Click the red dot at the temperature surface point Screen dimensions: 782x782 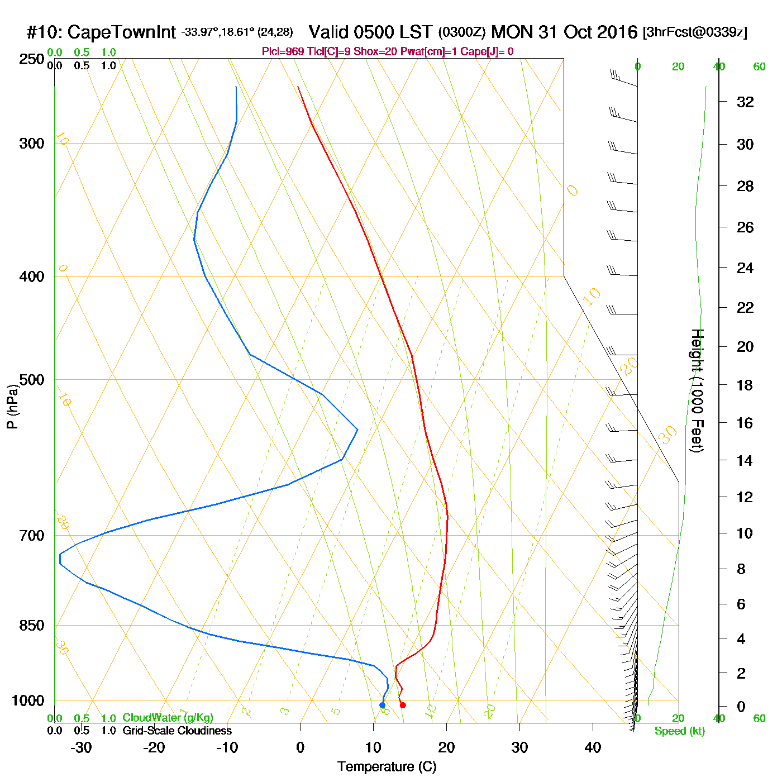click(403, 705)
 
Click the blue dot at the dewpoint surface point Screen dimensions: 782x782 click(382, 705)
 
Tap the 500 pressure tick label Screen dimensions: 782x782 click(32, 380)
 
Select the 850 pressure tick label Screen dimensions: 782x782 click(32, 626)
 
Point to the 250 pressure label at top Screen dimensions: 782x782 click(32, 59)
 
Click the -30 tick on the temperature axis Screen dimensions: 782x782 click(81, 747)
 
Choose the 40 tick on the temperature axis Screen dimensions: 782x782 click(593, 747)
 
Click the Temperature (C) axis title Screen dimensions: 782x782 click(387, 767)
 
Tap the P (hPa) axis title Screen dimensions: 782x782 click(12, 406)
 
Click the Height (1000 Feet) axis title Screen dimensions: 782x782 click(697, 390)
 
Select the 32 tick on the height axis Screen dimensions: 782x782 click(745, 102)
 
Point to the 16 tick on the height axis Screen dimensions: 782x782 click(745, 423)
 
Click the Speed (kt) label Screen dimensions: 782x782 click(680, 731)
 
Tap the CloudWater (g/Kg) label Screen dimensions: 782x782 click(168, 718)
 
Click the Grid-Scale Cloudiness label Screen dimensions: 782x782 click(177, 731)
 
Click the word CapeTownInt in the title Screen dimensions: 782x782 click(122, 32)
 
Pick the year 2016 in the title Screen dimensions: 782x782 click(617, 32)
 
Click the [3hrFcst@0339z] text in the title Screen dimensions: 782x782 click(695, 32)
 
